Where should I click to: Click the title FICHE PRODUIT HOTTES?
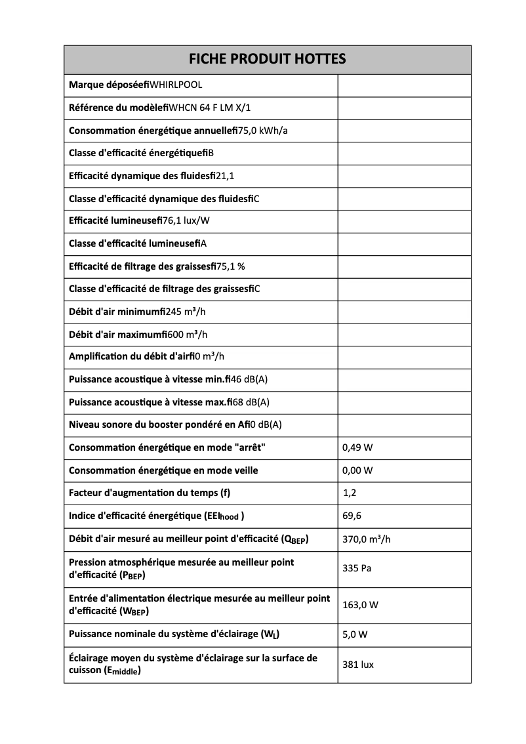[267, 60]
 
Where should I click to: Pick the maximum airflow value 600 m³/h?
[188, 335]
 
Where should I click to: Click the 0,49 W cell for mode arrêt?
[357, 448]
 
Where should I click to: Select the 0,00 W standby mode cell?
[357, 470]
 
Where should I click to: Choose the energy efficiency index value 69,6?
[352, 516]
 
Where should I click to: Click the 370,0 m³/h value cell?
[367, 540]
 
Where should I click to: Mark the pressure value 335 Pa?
[357, 568]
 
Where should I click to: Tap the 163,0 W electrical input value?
[360, 605]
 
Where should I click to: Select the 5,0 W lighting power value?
[355, 634]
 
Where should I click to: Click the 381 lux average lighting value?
[358, 665]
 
